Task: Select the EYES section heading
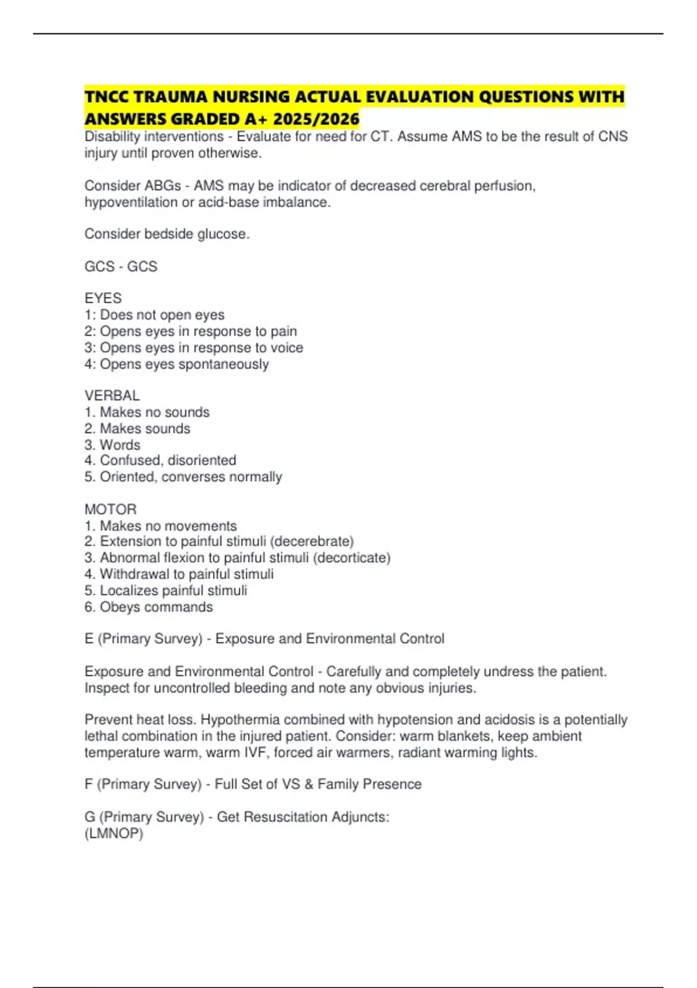coord(103,298)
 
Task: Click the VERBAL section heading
coord(112,396)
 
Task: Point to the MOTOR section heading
coord(110,509)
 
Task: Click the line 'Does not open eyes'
coord(155,314)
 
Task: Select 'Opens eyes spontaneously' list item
coord(177,364)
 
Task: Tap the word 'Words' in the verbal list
coord(120,445)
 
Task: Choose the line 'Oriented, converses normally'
coord(184,477)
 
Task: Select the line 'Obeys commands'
coord(149,607)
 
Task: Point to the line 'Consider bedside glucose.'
coord(167,234)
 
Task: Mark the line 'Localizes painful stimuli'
coord(166,590)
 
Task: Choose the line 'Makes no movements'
coord(161,525)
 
